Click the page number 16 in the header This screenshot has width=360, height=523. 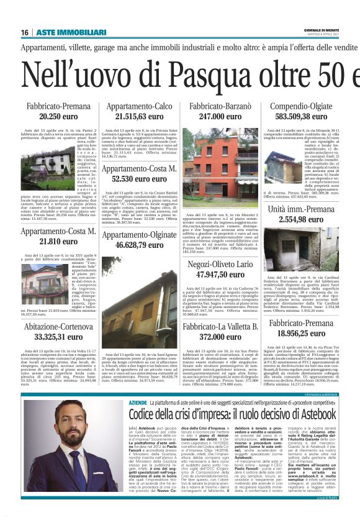pyautogui.click(x=25, y=32)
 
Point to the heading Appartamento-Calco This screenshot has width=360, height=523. pyautogui.click(x=139, y=107)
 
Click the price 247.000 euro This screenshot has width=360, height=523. pyautogui.click(x=220, y=117)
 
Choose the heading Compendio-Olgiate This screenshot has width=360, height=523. pyautogui.click(x=301, y=107)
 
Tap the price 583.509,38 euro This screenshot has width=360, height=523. pyautogui.click(x=301, y=117)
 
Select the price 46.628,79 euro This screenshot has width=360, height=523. pyautogui.click(x=139, y=246)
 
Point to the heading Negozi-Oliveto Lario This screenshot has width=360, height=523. pyautogui.click(x=220, y=265)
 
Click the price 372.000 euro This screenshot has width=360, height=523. pyautogui.click(x=220, y=337)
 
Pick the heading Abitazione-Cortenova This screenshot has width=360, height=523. pyautogui.click(x=58, y=327)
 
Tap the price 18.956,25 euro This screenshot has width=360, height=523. pyautogui.click(x=301, y=333)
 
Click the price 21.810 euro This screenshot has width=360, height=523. pyautogui.click(x=58, y=241)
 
